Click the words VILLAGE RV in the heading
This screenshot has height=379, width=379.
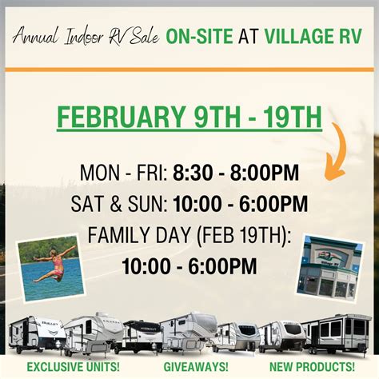pyautogui.click(x=313, y=36)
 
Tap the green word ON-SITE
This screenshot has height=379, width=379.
pyautogui.click(x=199, y=36)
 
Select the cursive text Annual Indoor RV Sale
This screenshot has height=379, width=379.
pyautogui.click(x=86, y=36)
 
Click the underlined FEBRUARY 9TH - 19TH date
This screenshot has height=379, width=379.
pyautogui.click(x=189, y=118)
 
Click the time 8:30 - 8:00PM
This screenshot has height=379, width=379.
pyautogui.click(x=236, y=173)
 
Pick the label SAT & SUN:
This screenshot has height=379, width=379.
pyautogui.click(x=119, y=204)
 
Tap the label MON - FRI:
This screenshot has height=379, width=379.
pyautogui.click(x=124, y=173)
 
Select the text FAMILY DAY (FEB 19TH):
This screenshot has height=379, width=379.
pyautogui.click(x=189, y=235)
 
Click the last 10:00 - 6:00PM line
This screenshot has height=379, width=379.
pyautogui.click(x=189, y=266)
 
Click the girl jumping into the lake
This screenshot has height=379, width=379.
pyautogui.click(x=50, y=268)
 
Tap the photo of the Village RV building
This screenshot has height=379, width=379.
pyautogui.click(x=330, y=268)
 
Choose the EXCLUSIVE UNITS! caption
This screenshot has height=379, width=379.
pyautogui.click(x=73, y=367)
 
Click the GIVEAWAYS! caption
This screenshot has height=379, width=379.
pyautogui.click(x=196, y=367)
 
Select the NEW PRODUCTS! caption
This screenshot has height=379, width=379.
pyautogui.click(x=312, y=367)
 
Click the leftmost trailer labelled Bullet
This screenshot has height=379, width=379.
pyautogui.click(x=37, y=335)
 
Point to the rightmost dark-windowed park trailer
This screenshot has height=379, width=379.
pyautogui.click(x=337, y=333)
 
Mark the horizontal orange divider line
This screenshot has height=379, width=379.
pyautogui.click(x=189, y=70)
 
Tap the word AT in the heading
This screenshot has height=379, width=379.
pyautogui.click(x=249, y=36)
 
